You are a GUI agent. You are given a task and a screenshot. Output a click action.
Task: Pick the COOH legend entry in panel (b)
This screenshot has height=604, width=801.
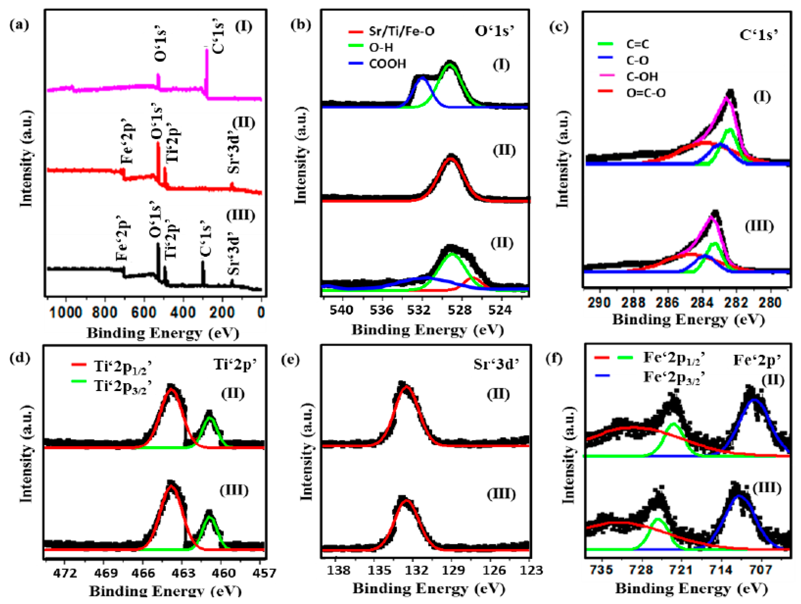[x=388, y=64]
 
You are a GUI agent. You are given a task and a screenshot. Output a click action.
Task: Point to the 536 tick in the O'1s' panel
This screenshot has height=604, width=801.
[x=381, y=310]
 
